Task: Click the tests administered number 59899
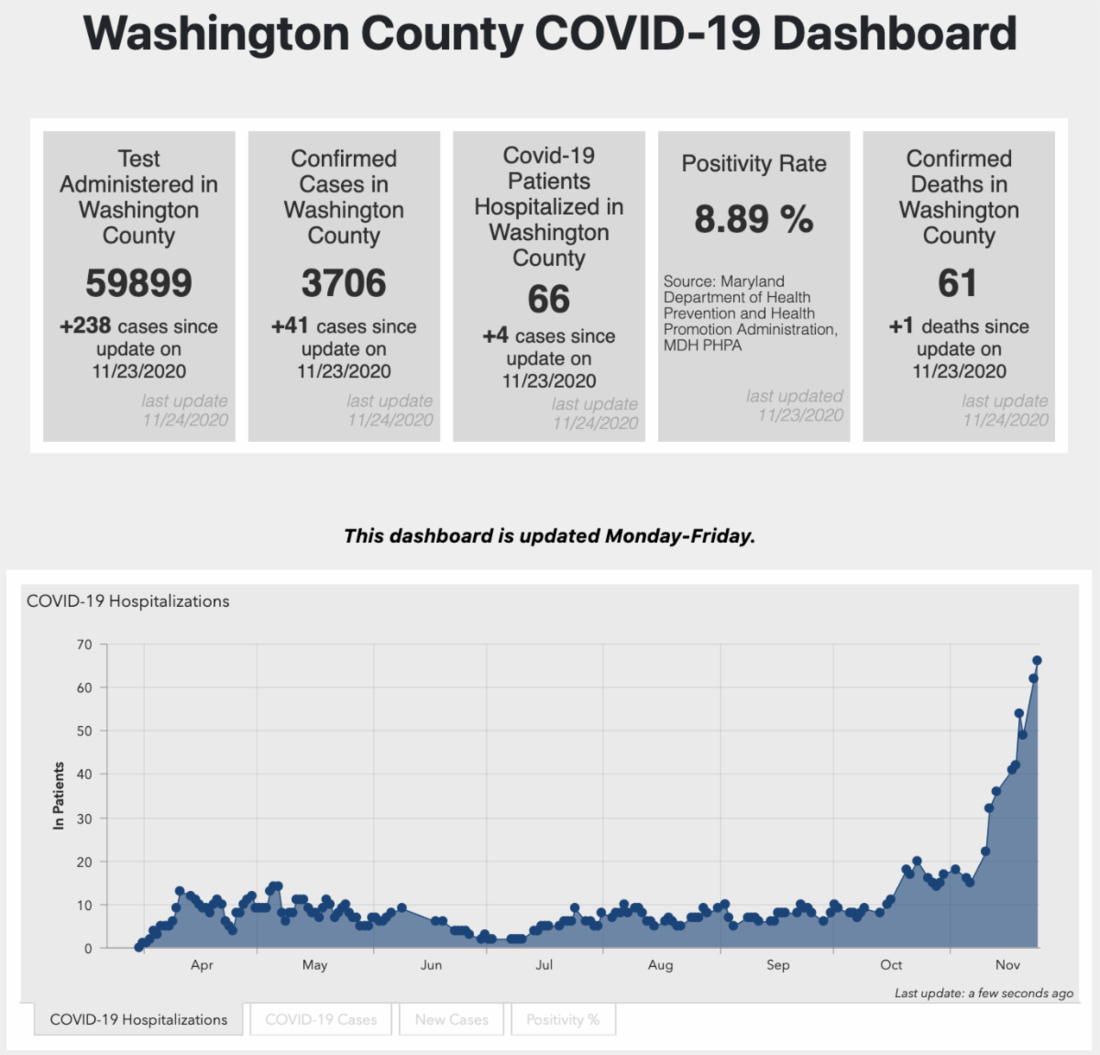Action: click(x=138, y=283)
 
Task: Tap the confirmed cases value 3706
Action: click(x=344, y=283)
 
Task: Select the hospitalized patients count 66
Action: click(x=548, y=300)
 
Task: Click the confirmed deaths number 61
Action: click(x=958, y=283)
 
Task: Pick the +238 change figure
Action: click(x=85, y=326)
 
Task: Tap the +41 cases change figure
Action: click(x=290, y=326)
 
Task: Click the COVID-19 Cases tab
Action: click(x=321, y=1019)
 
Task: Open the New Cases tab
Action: click(x=451, y=1019)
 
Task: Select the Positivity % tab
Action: click(x=562, y=1019)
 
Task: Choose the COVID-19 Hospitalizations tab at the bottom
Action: click(x=138, y=1019)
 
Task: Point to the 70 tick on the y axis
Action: click(x=84, y=644)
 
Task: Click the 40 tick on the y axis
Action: click(x=84, y=775)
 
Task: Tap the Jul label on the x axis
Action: click(x=544, y=965)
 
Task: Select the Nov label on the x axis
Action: click(x=1007, y=965)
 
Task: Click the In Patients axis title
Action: click(x=60, y=796)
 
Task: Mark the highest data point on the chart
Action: click(x=1037, y=660)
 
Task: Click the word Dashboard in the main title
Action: click(x=894, y=34)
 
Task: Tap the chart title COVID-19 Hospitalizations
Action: click(x=128, y=601)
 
